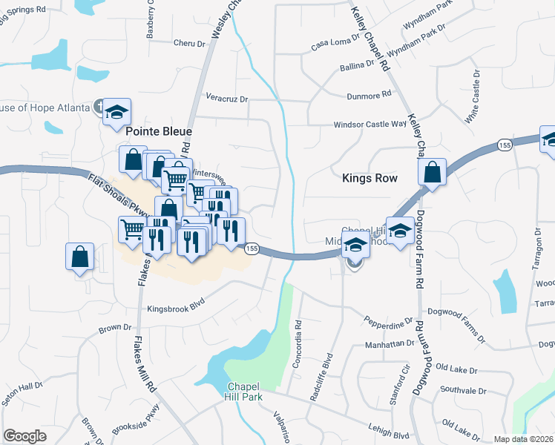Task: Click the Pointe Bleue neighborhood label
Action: [x=159, y=131]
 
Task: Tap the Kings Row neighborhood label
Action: [x=370, y=178]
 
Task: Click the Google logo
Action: [x=24, y=436]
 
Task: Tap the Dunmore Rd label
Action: [x=370, y=96]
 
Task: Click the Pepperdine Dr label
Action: [x=388, y=322]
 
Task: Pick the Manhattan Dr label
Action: [x=389, y=344]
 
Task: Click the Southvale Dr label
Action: [x=462, y=390]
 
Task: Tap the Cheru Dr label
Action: [x=188, y=44]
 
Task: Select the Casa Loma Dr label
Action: [x=335, y=44]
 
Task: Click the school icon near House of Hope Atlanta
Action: [x=116, y=112]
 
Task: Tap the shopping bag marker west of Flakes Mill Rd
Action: [x=80, y=257]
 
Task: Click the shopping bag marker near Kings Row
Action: [x=432, y=173]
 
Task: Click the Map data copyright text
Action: [x=523, y=439]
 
